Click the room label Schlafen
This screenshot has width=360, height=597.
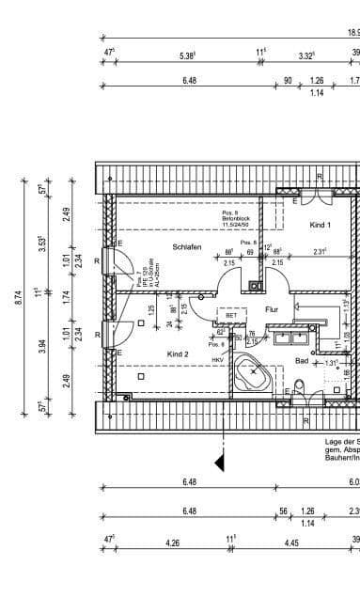tap(187, 246)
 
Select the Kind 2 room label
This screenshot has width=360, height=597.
tap(179, 353)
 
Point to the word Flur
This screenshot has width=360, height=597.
tap(272, 308)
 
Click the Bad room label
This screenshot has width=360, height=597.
tap(302, 360)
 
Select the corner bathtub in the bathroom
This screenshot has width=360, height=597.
tap(252, 377)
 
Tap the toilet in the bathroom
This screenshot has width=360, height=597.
tap(299, 388)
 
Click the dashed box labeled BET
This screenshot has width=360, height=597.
tap(229, 316)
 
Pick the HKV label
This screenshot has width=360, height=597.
tap(217, 360)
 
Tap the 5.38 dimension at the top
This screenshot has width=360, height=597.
tap(186, 55)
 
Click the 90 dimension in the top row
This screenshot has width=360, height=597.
tap(288, 81)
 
